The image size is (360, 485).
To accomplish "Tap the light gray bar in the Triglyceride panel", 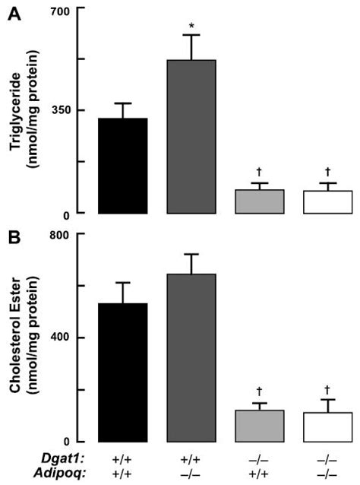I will click(260, 201).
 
